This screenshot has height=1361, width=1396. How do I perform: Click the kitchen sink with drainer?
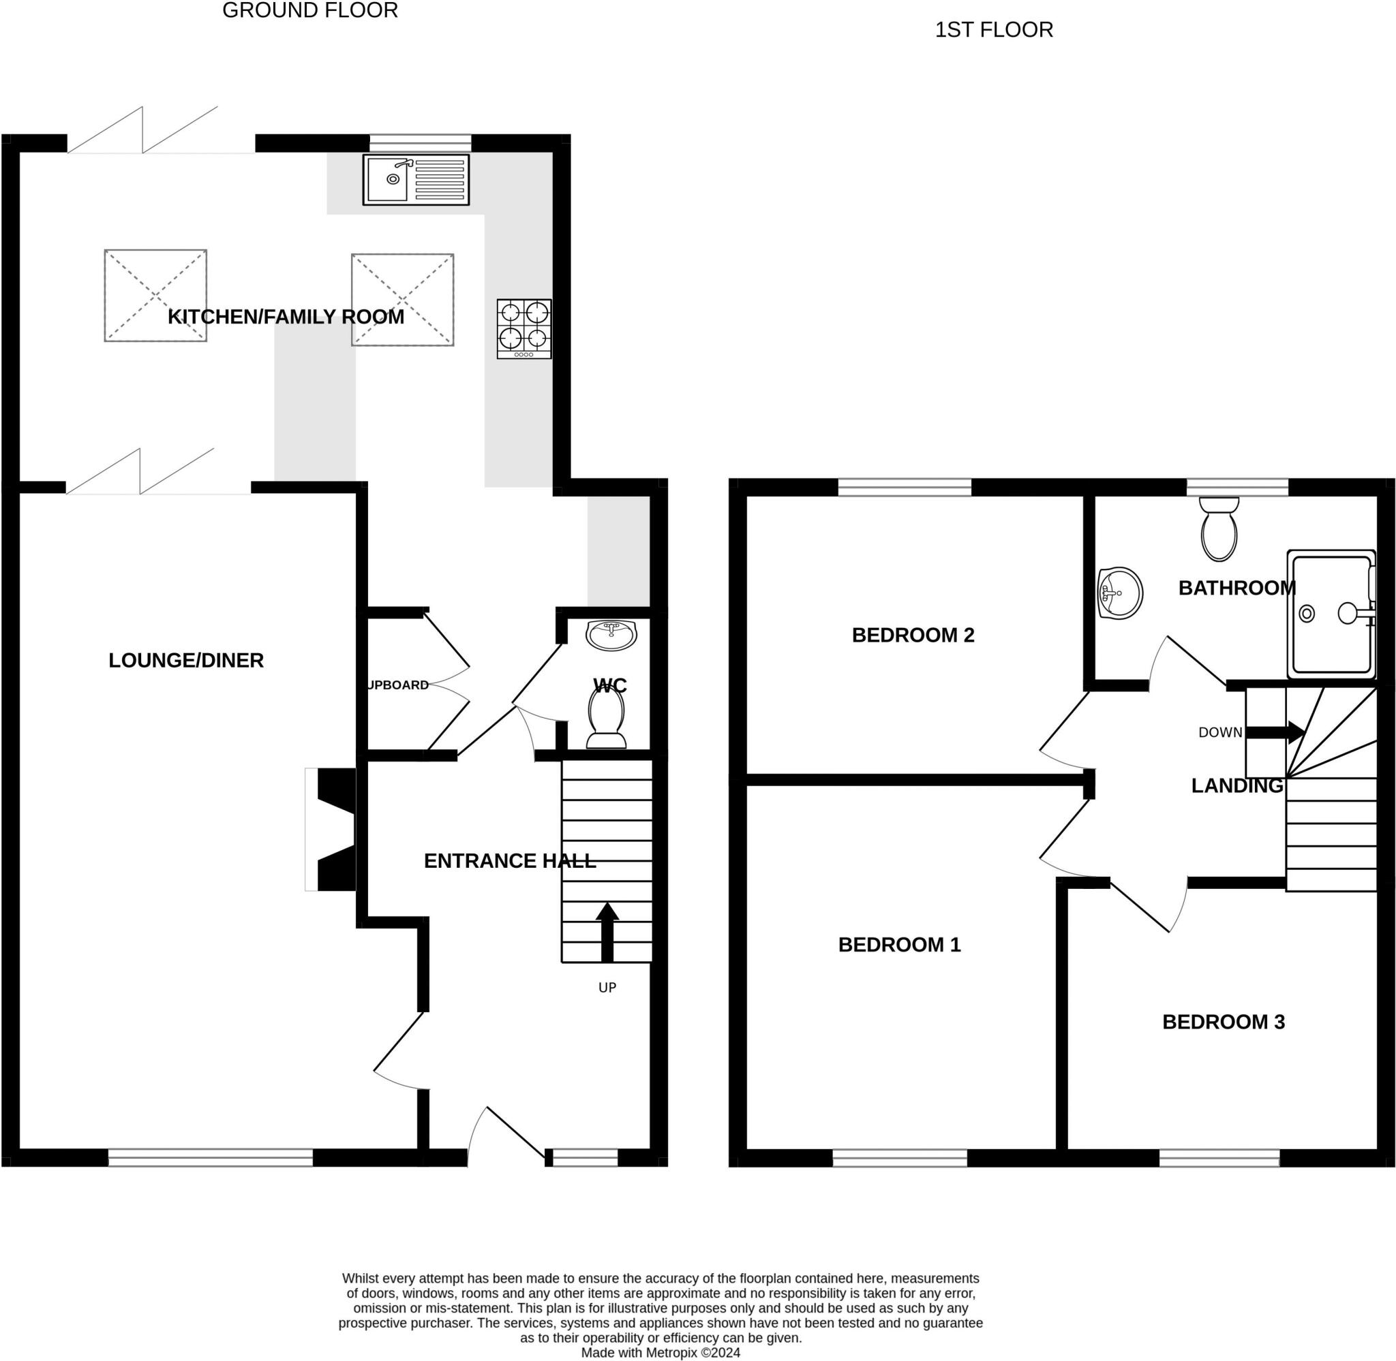click(x=416, y=179)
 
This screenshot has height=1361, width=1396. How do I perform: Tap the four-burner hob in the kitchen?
click(x=524, y=329)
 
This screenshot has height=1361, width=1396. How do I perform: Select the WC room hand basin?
click(x=611, y=635)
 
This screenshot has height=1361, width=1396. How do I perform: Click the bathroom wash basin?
click(x=1120, y=593)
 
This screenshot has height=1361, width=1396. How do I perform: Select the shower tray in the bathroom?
click(x=1331, y=614)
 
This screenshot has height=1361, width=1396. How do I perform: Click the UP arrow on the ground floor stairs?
click(x=607, y=932)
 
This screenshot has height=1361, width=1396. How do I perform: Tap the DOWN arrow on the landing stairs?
click(x=1275, y=733)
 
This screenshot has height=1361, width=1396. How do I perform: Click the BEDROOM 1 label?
click(x=899, y=944)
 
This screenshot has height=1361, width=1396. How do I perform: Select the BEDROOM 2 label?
click(x=913, y=635)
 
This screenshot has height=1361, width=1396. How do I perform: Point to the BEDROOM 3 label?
click(x=1223, y=1022)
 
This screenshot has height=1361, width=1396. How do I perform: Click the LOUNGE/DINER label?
click(x=186, y=660)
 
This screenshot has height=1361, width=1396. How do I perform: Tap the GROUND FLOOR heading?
click(x=309, y=11)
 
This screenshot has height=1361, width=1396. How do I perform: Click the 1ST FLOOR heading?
click(x=994, y=30)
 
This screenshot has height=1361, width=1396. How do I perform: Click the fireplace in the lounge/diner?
click(x=331, y=829)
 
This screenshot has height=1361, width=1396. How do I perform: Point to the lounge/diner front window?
click(x=210, y=1157)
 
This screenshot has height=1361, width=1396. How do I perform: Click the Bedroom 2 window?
click(x=905, y=488)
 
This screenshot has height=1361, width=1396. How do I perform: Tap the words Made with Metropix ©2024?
click(x=660, y=1352)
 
